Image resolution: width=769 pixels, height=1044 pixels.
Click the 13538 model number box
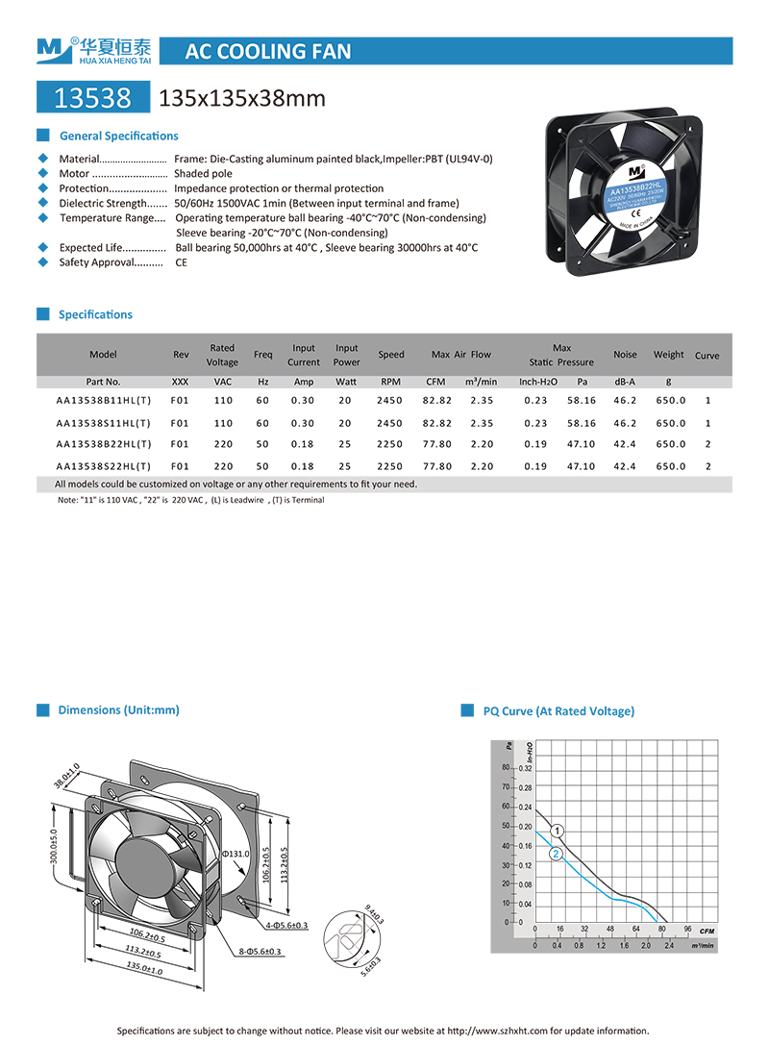[92, 97]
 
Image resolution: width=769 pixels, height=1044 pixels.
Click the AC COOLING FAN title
[267, 51]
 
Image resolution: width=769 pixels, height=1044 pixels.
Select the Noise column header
[625, 355]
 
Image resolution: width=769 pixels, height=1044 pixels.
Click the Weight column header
[669, 355]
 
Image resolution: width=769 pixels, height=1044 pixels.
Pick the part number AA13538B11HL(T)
[103, 400]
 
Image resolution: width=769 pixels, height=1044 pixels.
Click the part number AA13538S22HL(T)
[103, 466]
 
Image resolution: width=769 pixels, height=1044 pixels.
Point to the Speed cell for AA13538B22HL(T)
[391, 444]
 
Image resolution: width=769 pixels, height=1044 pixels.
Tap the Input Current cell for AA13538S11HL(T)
[303, 423]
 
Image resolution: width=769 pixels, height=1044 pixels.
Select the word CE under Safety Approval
[181, 262]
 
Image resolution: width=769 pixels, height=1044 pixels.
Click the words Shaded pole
[203, 174]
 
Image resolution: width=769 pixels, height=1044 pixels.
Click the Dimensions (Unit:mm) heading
[118, 710]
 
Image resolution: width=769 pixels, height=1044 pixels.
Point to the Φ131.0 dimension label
[236, 854]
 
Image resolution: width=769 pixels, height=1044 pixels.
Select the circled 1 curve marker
[558, 831]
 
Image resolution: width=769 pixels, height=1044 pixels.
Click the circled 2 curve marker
[556, 854]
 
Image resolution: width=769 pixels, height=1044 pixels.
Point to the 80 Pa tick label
[505, 768]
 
